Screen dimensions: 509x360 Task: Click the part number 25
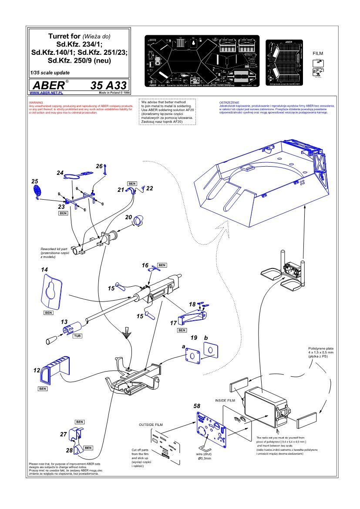click(x=35, y=181)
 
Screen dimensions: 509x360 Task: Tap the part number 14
click(x=44, y=270)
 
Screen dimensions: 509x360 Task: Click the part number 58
click(x=197, y=405)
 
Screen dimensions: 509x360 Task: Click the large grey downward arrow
click(x=127, y=333)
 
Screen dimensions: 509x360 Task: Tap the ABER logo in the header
click(x=48, y=84)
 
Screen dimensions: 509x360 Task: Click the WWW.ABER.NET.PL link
click(x=47, y=93)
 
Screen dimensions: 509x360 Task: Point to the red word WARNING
click(x=35, y=103)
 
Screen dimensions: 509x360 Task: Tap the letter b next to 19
click(x=206, y=337)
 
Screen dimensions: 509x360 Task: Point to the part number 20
click(x=128, y=217)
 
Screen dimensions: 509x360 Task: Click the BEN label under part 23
click(x=63, y=214)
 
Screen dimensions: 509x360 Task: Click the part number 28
click(x=69, y=451)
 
